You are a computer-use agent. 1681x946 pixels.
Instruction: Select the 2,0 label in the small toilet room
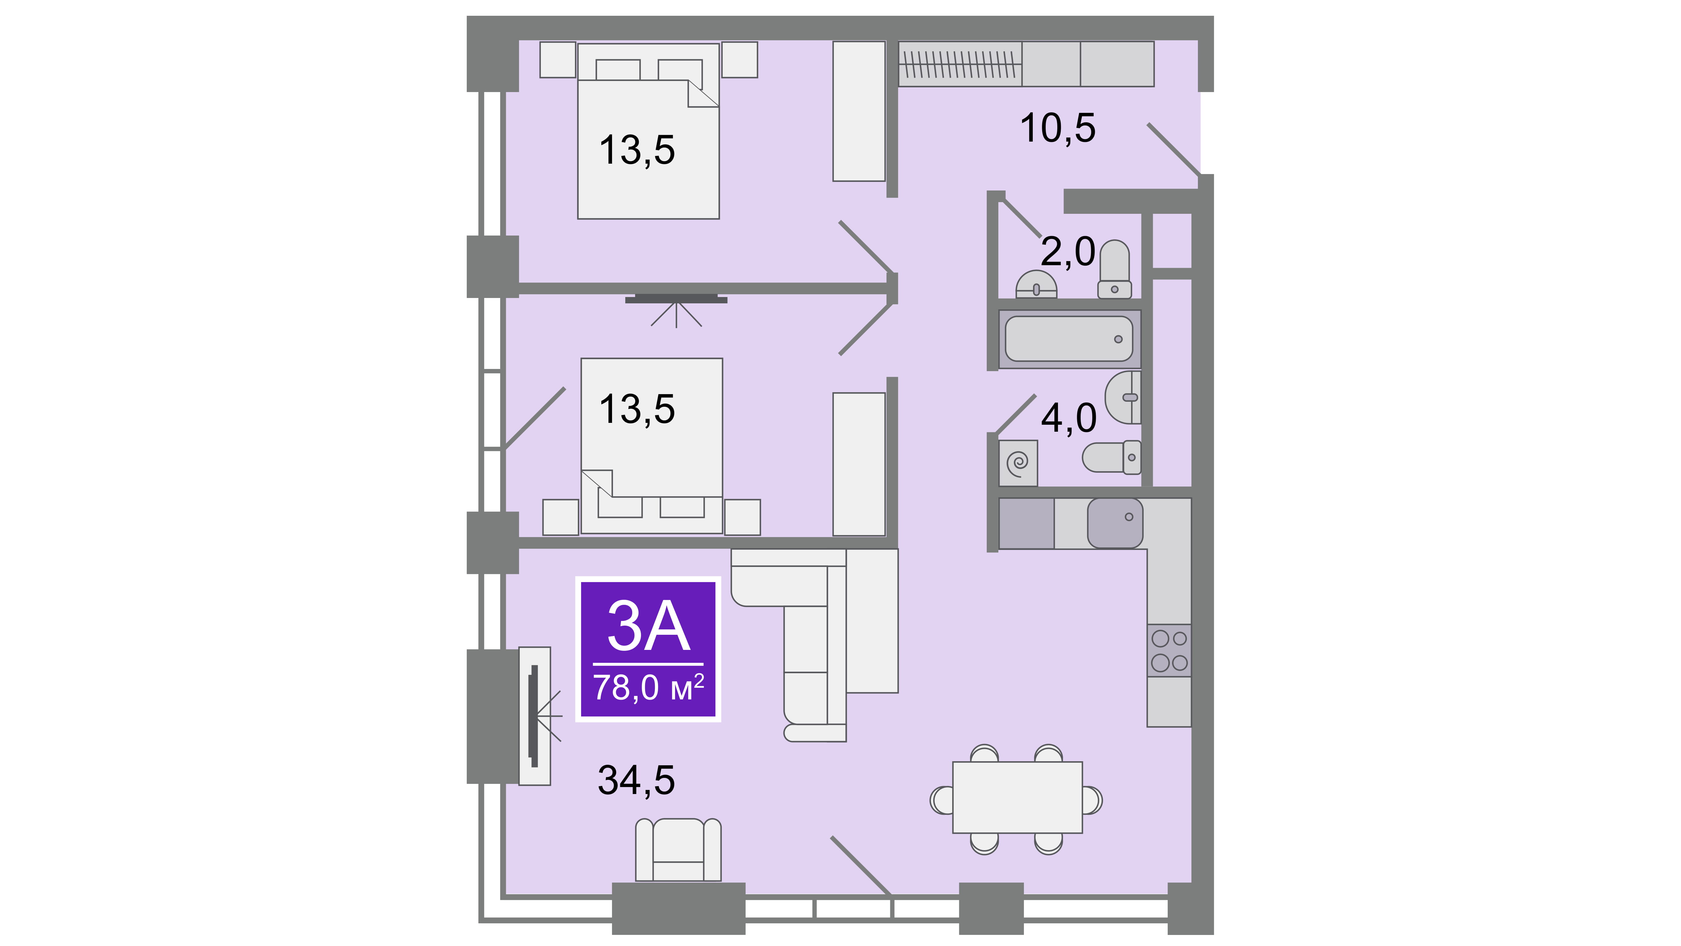point(1068,252)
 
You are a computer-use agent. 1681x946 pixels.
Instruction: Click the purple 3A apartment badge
point(648,649)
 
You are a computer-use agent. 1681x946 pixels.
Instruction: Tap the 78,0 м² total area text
point(648,687)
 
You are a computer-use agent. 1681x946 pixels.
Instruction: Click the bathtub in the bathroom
point(1069,339)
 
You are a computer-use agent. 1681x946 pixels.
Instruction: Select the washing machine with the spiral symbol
point(1018,463)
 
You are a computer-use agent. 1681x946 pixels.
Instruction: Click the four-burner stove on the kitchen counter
point(1170,650)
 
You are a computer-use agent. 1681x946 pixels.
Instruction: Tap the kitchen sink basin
point(1115,523)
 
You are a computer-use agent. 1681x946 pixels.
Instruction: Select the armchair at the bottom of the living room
point(679,850)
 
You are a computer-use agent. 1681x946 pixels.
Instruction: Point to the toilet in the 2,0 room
point(1115,269)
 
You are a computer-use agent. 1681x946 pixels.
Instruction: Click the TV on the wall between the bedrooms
point(676,299)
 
